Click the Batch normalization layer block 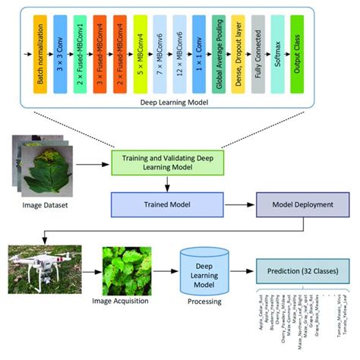pos(39,49)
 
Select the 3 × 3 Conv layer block pos(60,49)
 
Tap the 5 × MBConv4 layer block pos(141,49)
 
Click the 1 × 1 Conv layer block pos(200,49)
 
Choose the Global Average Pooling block pos(219,49)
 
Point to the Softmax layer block pos(277,49)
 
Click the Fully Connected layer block pos(258,49)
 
